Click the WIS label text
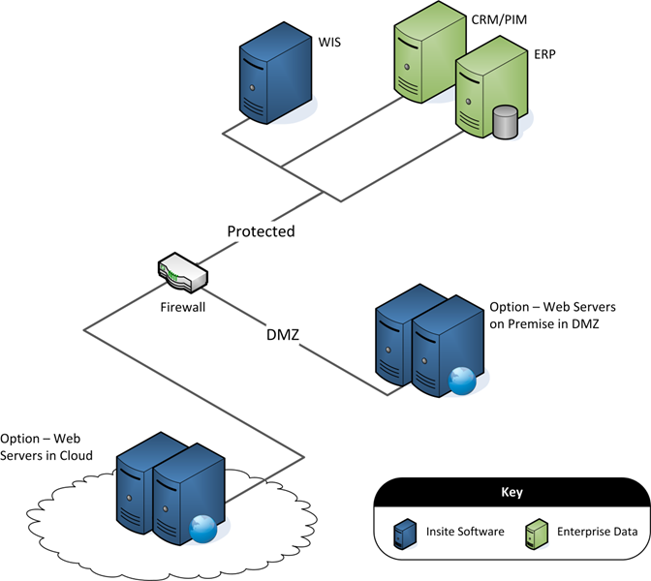pos(330,42)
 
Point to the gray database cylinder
pos(505,123)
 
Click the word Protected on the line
pos(261,231)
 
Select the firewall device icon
pos(182,272)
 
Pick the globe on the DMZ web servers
pos(461,381)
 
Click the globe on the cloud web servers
pos(202,527)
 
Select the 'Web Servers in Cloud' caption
pos(46,446)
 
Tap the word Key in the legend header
pos(511,492)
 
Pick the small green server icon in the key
pos(533,534)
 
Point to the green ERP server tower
pos(478,92)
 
